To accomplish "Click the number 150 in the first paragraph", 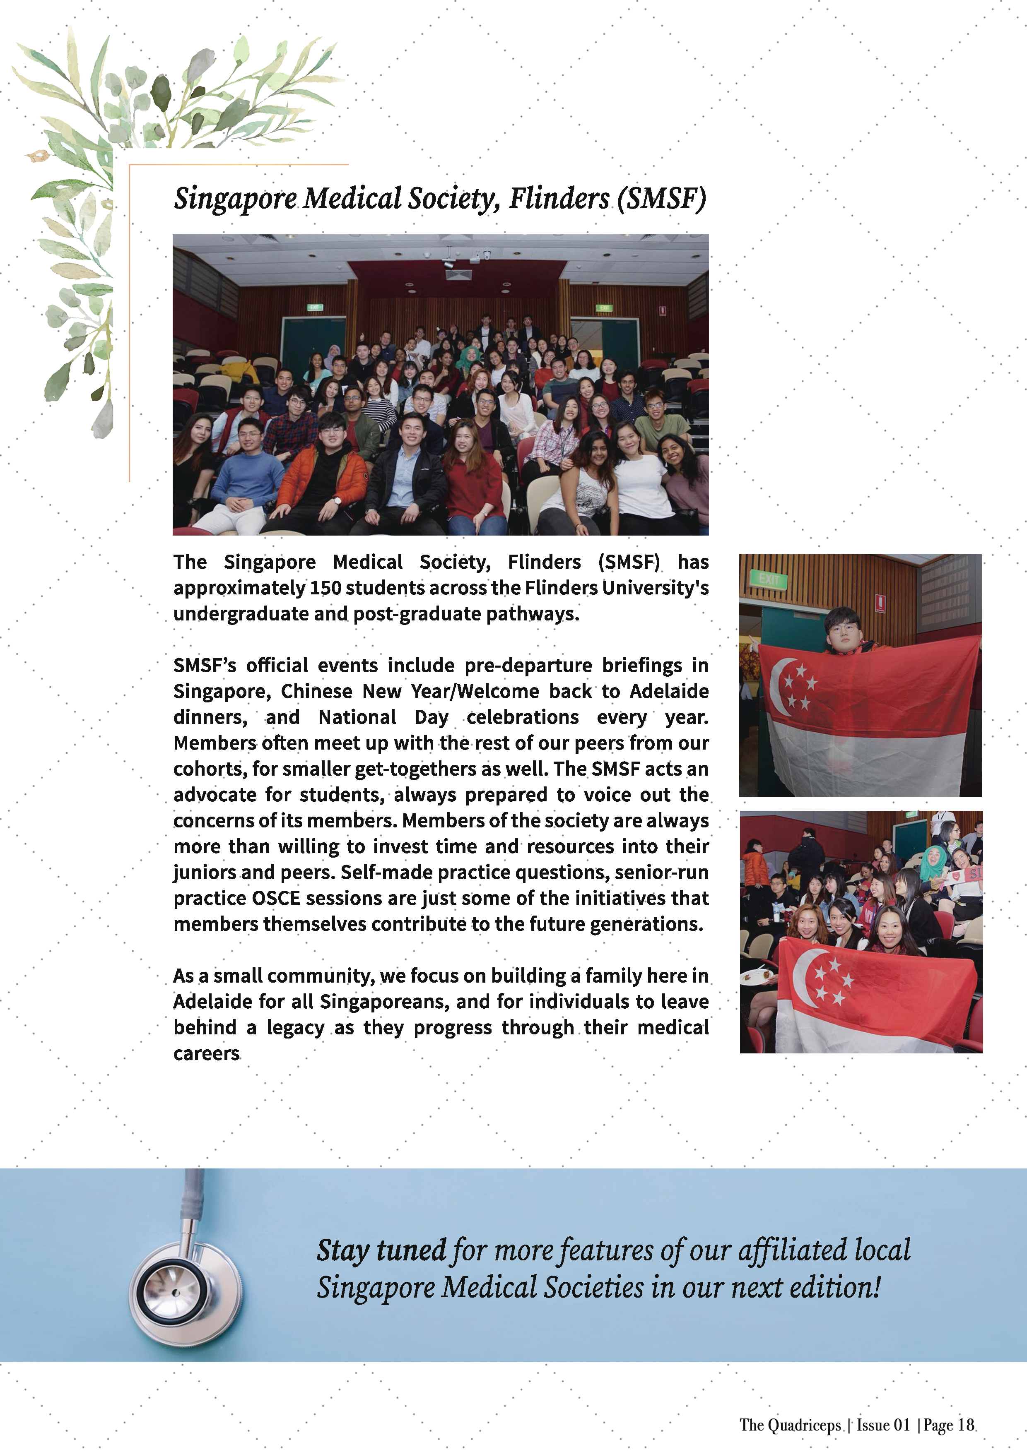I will click(x=325, y=588).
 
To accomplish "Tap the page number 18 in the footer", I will click(x=966, y=1425).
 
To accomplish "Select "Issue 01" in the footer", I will click(x=883, y=1425).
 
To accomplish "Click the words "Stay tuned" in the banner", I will click(x=381, y=1251).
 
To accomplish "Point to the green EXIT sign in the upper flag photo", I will click(x=769, y=579).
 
